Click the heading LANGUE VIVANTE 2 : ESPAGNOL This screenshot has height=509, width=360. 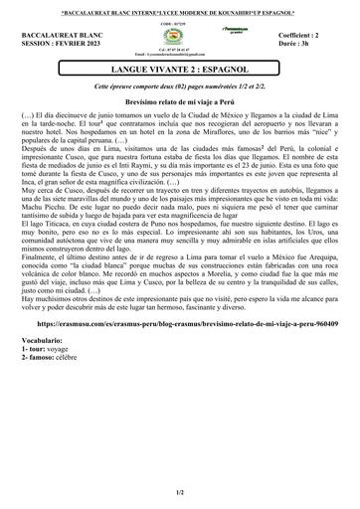point(180,70)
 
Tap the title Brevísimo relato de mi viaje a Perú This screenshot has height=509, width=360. point(180,103)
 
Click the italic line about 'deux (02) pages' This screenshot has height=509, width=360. point(180,86)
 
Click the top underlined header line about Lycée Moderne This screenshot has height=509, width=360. point(180,9)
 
